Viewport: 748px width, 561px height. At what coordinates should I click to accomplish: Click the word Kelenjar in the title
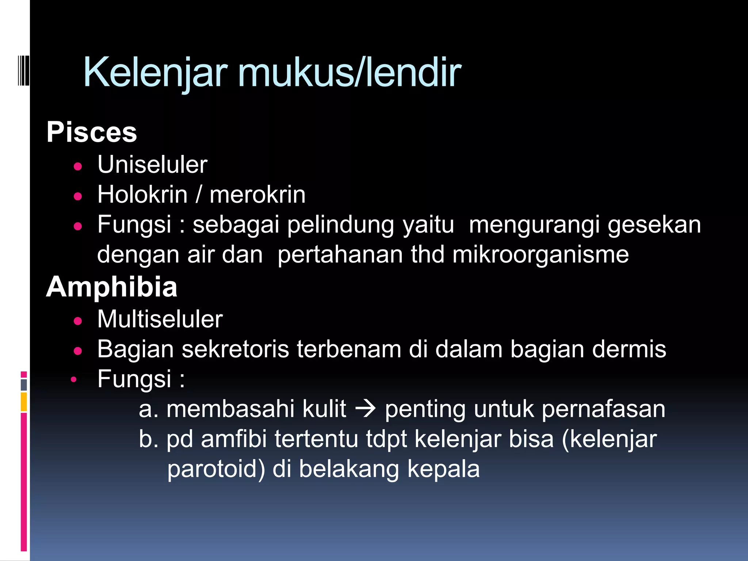(x=155, y=73)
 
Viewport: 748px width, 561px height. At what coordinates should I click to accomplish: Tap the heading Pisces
(x=92, y=132)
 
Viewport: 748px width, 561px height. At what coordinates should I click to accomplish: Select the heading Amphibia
(x=112, y=287)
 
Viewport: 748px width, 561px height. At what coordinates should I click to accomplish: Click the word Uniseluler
(x=152, y=165)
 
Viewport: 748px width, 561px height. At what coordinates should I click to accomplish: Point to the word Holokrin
(x=142, y=195)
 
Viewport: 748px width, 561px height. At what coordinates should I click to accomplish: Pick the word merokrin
(x=257, y=195)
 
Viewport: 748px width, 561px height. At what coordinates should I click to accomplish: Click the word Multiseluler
(x=160, y=320)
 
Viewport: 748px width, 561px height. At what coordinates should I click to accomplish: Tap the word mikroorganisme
(x=541, y=255)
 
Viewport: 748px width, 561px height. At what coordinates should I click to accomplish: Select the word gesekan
(x=654, y=225)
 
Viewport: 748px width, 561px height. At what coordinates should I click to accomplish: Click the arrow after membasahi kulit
(x=365, y=409)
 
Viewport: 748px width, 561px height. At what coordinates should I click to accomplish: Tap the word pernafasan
(x=603, y=409)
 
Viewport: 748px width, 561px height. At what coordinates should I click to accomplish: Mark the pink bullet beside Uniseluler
(x=78, y=167)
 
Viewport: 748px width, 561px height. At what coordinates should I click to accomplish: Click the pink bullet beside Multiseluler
(x=78, y=321)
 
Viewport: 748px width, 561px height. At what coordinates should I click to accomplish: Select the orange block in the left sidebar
(x=24, y=402)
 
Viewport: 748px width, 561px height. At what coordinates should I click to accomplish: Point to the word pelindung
(x=340, y=225)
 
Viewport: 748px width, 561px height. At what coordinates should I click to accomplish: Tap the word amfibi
(x=234, y=439)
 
